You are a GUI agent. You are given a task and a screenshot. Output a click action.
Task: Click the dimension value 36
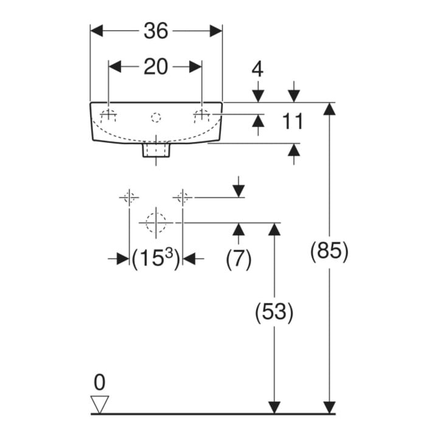pyautogui.click(x=156, y=31)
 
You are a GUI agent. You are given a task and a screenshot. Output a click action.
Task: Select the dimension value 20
pyautogui.click(x=156, y=67)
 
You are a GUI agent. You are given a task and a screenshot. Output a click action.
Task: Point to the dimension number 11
pyautogui.click(x=293, y=121)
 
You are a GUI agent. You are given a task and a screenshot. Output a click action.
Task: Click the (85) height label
pyautogui.click(x=329, y=251)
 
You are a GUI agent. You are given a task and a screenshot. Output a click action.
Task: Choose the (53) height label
pyautogui.click(x=274, y=312)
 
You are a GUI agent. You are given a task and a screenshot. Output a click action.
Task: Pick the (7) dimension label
pyautogui.click(x=238, y=259)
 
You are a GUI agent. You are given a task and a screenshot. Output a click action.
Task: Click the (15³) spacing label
pyautogui.click(x=156, y=259)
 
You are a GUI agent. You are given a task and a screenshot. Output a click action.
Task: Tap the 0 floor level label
pyautogui.click(x=100, y=383)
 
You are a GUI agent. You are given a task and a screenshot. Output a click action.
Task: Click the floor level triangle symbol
pyautogui.click(x=100, y=405)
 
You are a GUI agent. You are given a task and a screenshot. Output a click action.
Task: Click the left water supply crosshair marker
pyautogui.click(x=129, y=198)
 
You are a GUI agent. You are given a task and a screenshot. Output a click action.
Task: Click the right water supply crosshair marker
pyautogui.click(x=182, y=198)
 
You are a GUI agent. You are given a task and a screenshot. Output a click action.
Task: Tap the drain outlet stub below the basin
pyautogui.click(x=156, y=150)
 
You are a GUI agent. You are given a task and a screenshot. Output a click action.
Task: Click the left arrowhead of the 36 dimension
pyautogui.click(x=97, y=31)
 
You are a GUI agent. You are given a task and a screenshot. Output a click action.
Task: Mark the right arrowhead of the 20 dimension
pyautogui.click(x=195, y=67)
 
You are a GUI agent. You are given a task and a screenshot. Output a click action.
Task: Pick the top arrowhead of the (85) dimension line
pyautogui.click(x=329, y=109)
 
